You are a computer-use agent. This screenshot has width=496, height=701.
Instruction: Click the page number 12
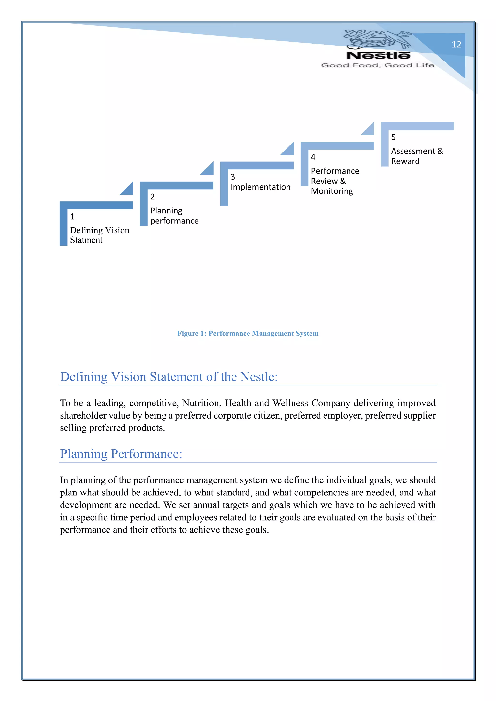(456, 45)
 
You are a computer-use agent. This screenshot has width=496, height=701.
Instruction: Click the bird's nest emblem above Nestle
(378, 39)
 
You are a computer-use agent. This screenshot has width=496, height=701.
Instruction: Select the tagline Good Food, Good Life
(378, 65)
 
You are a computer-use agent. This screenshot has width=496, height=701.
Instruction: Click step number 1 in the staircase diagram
(72, 216)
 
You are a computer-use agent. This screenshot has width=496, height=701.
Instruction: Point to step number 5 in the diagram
(393, 137)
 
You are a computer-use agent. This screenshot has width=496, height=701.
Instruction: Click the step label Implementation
(260, 187)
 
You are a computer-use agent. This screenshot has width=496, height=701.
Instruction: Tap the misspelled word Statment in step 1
(86, 240)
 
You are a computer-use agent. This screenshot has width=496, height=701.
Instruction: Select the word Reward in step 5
(405, 161)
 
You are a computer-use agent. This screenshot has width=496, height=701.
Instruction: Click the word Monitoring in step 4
(332, 191)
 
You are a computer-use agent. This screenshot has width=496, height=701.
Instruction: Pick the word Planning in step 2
(166, 211)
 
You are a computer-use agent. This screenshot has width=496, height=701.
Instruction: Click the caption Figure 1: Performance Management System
(248, 333)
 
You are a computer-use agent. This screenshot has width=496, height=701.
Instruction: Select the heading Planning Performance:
(121, 454)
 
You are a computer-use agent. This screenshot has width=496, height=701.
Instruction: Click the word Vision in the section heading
(129, 377)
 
